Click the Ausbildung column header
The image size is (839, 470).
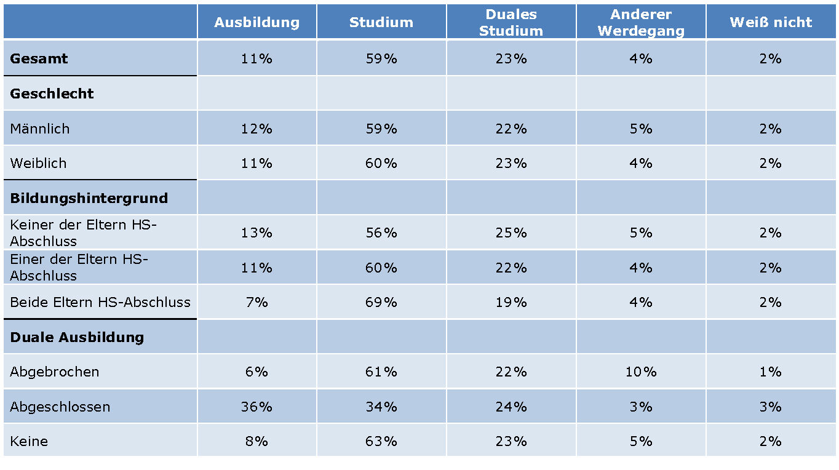pos(256,23)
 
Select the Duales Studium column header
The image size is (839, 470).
pos(511,23)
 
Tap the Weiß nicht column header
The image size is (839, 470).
pos(771,23)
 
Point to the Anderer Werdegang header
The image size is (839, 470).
pos(640,23)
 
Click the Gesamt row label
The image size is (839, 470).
pos(39,59)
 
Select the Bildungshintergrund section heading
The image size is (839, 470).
pos(89,198)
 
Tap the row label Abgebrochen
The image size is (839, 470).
pos(55,372)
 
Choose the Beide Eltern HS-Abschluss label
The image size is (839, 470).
pos(100,303)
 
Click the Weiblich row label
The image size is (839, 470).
pos(38,164)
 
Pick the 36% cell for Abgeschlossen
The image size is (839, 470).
pos(256,407)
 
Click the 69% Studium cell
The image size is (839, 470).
pos(381,303)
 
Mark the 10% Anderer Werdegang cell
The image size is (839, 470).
pos(640,372)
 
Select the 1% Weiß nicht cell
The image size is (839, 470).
pos(770,372)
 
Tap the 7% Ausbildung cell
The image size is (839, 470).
pos(256,303)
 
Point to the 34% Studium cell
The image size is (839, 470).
pos(381,407)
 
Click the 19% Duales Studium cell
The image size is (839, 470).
pos(511,303)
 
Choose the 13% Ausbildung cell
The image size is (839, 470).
pos(256,233)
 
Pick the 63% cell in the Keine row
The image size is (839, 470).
pos(381,442)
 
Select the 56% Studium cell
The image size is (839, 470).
pos(381,233)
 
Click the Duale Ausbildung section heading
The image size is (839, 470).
pos(77,338)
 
